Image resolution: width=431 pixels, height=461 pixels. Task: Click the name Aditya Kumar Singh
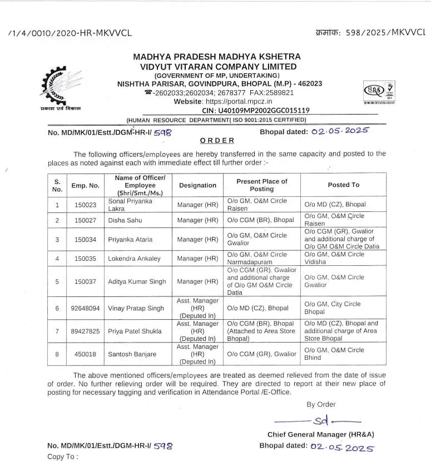pos(141,281)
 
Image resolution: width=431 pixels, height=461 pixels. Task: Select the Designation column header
pos(197,185)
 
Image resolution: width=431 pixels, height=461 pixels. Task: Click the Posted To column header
pos(343,185)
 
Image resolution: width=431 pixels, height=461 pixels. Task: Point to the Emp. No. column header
pos(85,185)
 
